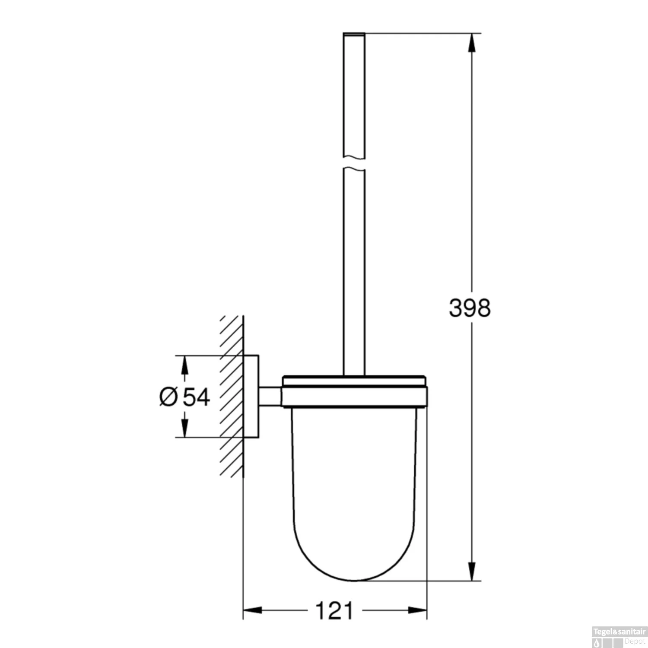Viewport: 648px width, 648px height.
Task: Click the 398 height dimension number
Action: pyautogui.click(x=470, y=308)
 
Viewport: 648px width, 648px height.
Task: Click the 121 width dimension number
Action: pyautogui.click(x=334, y=610)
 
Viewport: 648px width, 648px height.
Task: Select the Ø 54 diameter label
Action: pyautogui.click(x=185, y=397)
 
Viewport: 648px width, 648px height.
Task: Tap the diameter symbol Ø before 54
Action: pyautogui.click(x=168, y=397)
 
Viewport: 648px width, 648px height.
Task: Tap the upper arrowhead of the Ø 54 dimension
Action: pyautogui.click(x=184, y=365)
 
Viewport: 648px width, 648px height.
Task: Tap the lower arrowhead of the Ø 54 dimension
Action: pyautogui.click(x=184, y=428)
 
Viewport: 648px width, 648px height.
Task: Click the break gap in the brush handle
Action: pyautogui.click(x=354, y=163)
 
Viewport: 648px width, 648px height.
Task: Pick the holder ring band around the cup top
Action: pyautogui.click(x=354, y=397)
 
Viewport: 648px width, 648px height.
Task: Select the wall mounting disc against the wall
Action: pyautogui.click(x=251, y=397)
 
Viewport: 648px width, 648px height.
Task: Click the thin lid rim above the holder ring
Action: pyautogui.click(x=354, y=381)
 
